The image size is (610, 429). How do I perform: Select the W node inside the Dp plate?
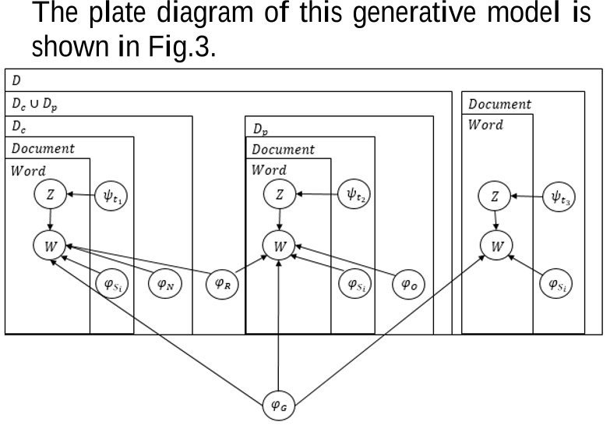click(278, 246)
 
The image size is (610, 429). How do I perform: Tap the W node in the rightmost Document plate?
click(495, 246)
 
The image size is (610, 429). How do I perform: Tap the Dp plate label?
click(261, 129)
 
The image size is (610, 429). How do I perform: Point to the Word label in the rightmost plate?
click(485, 125)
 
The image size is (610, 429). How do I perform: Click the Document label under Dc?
click(43, 148)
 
